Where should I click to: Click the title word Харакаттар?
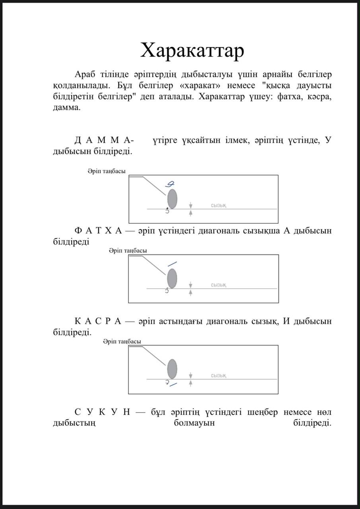click(192, 51)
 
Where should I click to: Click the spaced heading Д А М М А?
click(103, 140)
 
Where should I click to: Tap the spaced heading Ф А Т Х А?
click(98, 231)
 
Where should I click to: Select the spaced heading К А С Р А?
click(98, 321)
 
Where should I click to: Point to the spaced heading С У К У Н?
click(102, 412)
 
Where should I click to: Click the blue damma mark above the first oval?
click(169, 184)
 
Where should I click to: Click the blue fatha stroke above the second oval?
click(172, 264)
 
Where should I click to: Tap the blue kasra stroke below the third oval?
click(173, 385)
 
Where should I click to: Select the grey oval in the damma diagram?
click(172, 199)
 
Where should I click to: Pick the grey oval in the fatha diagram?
click(172, 279)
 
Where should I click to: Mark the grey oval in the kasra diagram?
click(172, 369)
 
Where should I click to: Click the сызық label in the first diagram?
click(219, 206)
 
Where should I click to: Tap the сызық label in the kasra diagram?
click(219, 376)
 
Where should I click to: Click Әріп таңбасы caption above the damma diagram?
click(107, 171)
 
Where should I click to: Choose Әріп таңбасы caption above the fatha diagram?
click(128, 251)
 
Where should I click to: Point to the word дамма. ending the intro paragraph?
click(67, 107)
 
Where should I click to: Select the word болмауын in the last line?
click(194, 423)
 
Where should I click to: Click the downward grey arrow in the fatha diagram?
click(191, 285)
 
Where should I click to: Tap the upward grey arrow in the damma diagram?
click(191, 213)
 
